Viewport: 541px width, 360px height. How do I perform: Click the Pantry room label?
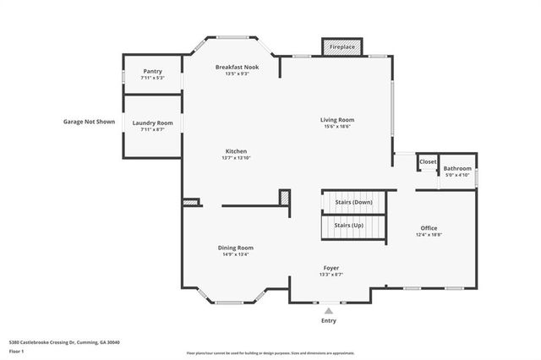pos(153,72)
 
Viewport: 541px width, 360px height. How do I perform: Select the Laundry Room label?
pos(153,123)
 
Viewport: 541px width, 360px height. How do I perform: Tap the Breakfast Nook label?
pos(237,67)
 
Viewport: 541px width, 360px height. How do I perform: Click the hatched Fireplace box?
pos(342,46)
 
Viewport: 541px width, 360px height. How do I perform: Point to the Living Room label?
pos(336,120)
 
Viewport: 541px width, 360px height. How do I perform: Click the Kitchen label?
pos(236,151)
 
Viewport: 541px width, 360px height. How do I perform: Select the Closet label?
pos(428,161)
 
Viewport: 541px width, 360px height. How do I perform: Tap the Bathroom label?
pos(457,169)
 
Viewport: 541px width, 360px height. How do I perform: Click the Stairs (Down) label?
pos(352,203)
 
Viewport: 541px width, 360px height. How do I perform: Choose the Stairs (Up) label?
pos(350,225)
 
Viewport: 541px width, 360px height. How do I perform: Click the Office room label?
pos(429,228)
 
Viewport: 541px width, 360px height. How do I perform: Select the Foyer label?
pos(331,268)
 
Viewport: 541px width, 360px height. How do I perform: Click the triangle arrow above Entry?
pos(329,310)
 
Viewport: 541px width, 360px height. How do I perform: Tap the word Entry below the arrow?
pos(329,321)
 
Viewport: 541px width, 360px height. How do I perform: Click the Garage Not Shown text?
pos(89,122)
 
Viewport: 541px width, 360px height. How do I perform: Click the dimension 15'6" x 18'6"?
pos(336,127)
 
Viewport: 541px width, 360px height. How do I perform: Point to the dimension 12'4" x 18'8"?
pos(429,235)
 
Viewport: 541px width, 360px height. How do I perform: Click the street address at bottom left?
pos(64,341)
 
